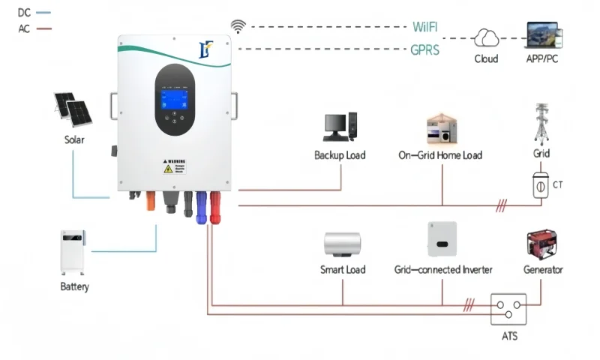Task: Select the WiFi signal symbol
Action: pyautogui.click(x=238, y=27)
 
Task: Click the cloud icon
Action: pyautogui.click(x=486, y=37)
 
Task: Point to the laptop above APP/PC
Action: pyautogui.click(x=545, y=35)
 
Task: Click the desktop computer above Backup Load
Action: pyautogui.click(x=340, y=130)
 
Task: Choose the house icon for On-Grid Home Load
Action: pyautogui.click(x=440, y=129)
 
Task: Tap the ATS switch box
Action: pyautogui.click(x=507, y=309)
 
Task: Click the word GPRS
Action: pyautogui.click(x=425, y=49)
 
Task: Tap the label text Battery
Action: pyautogui.click(x=74, y=287)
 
